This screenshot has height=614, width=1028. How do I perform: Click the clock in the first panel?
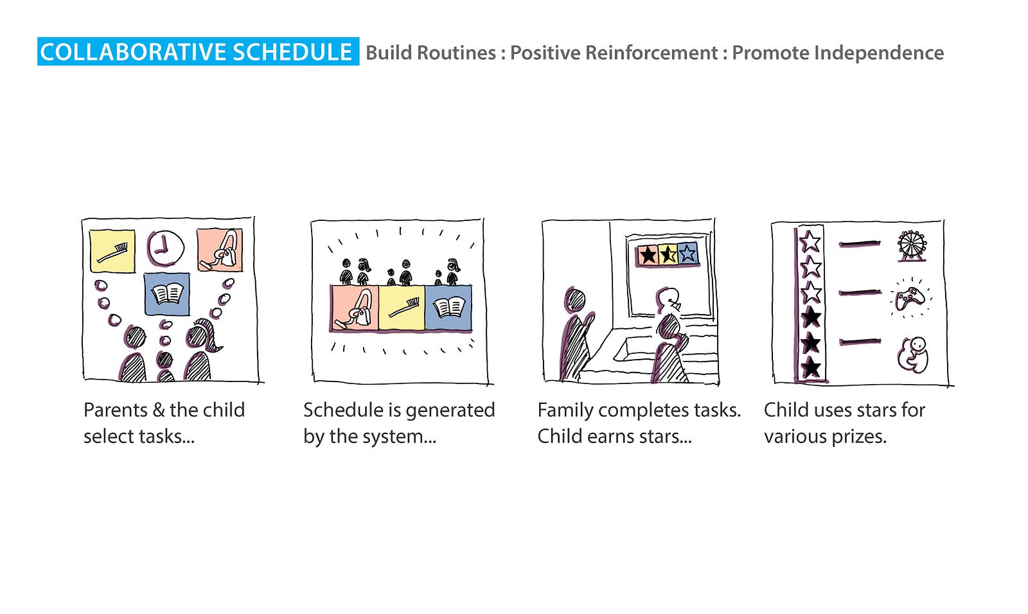(165, 249)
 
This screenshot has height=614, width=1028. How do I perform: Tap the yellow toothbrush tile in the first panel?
(112, 251)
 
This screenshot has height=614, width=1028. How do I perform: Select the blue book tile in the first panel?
(167, 294)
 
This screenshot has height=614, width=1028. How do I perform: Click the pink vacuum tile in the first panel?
(220, 250)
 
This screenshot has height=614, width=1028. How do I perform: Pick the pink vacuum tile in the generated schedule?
(355, 308)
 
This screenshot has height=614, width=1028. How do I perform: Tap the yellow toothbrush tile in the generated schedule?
(402, 308)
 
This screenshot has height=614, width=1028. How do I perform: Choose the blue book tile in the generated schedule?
(448, 308)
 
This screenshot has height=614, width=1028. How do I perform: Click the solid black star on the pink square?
(648, 255)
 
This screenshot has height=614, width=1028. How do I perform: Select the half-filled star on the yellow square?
(668, 254)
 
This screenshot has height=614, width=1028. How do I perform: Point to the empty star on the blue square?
(687, 253)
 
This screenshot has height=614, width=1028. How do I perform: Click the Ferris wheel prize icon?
(912, 246)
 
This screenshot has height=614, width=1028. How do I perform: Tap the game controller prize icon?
(911, 298)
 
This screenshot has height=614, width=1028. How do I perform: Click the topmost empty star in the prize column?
(810, 241)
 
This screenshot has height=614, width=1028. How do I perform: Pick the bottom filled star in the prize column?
(811, 367)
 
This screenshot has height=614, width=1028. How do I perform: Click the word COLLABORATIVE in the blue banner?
(133, 52)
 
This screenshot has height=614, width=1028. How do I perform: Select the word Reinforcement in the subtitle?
(651, 53)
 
